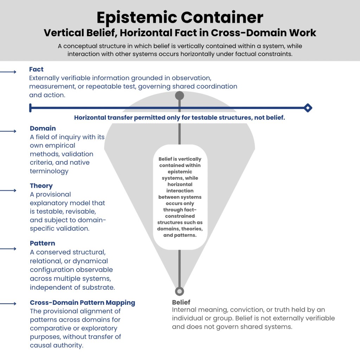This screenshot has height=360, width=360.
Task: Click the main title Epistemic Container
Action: tap(180, 17)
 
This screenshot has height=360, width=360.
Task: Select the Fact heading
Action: tap(36, 70)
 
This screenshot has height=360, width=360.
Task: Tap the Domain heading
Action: tap(43, 128)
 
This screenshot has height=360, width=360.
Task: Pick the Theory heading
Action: tap(41, 186)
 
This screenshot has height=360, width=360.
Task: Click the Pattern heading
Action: tap(42, 243)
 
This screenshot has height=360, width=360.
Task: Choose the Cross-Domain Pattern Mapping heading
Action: tap(82, 303)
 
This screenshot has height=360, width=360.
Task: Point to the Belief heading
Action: tap(181, 302)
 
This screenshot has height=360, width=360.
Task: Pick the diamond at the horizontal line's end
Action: tap(308, 108)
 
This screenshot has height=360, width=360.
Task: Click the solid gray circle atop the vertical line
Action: tap(180, 96)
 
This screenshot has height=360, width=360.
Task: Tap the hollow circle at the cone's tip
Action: tap(180, 291)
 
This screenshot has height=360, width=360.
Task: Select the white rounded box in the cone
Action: tap(180, 197)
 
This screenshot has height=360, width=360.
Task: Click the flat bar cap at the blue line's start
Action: tap(31, 108)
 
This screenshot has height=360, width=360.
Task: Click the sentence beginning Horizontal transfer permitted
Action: tap(179, 118)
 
